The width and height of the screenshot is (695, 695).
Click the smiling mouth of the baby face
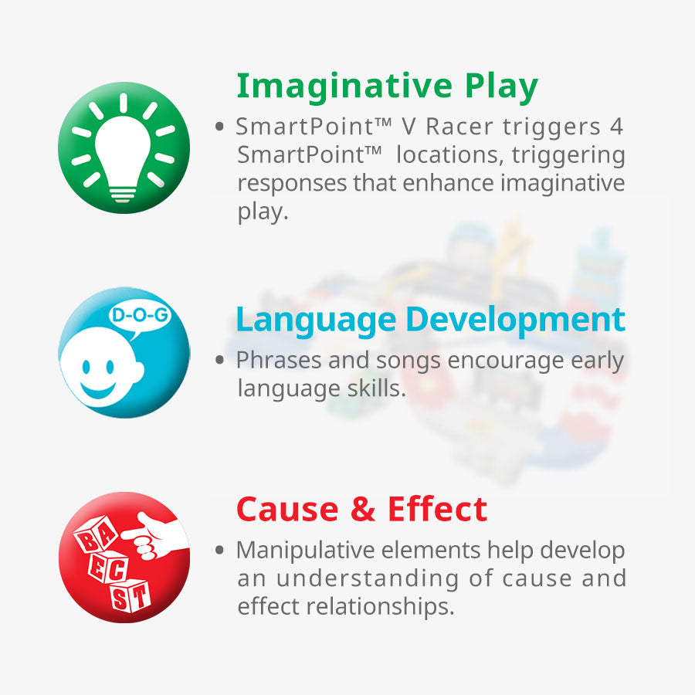tap(98, 391)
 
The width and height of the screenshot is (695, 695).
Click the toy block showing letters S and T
tap(130, 595)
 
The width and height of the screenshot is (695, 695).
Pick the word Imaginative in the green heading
tap(344, 86)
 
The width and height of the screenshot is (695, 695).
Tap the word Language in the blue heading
tap(316, 321)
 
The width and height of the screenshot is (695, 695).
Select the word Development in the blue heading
tap(516, 321)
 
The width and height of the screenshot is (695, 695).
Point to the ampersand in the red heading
tap(364, 510)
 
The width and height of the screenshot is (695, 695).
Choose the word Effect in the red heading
tap(438, 510)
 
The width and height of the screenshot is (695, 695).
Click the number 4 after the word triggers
tap(616, 127)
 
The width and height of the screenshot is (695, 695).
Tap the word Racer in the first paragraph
tap(459, 127)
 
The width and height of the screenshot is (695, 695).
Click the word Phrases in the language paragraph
tap(279, 360)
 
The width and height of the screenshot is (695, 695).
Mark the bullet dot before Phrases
tap(219, 359)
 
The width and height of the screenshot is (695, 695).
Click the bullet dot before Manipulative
tap(219, 550)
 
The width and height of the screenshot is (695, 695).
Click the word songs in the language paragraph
tap(409, 361)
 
